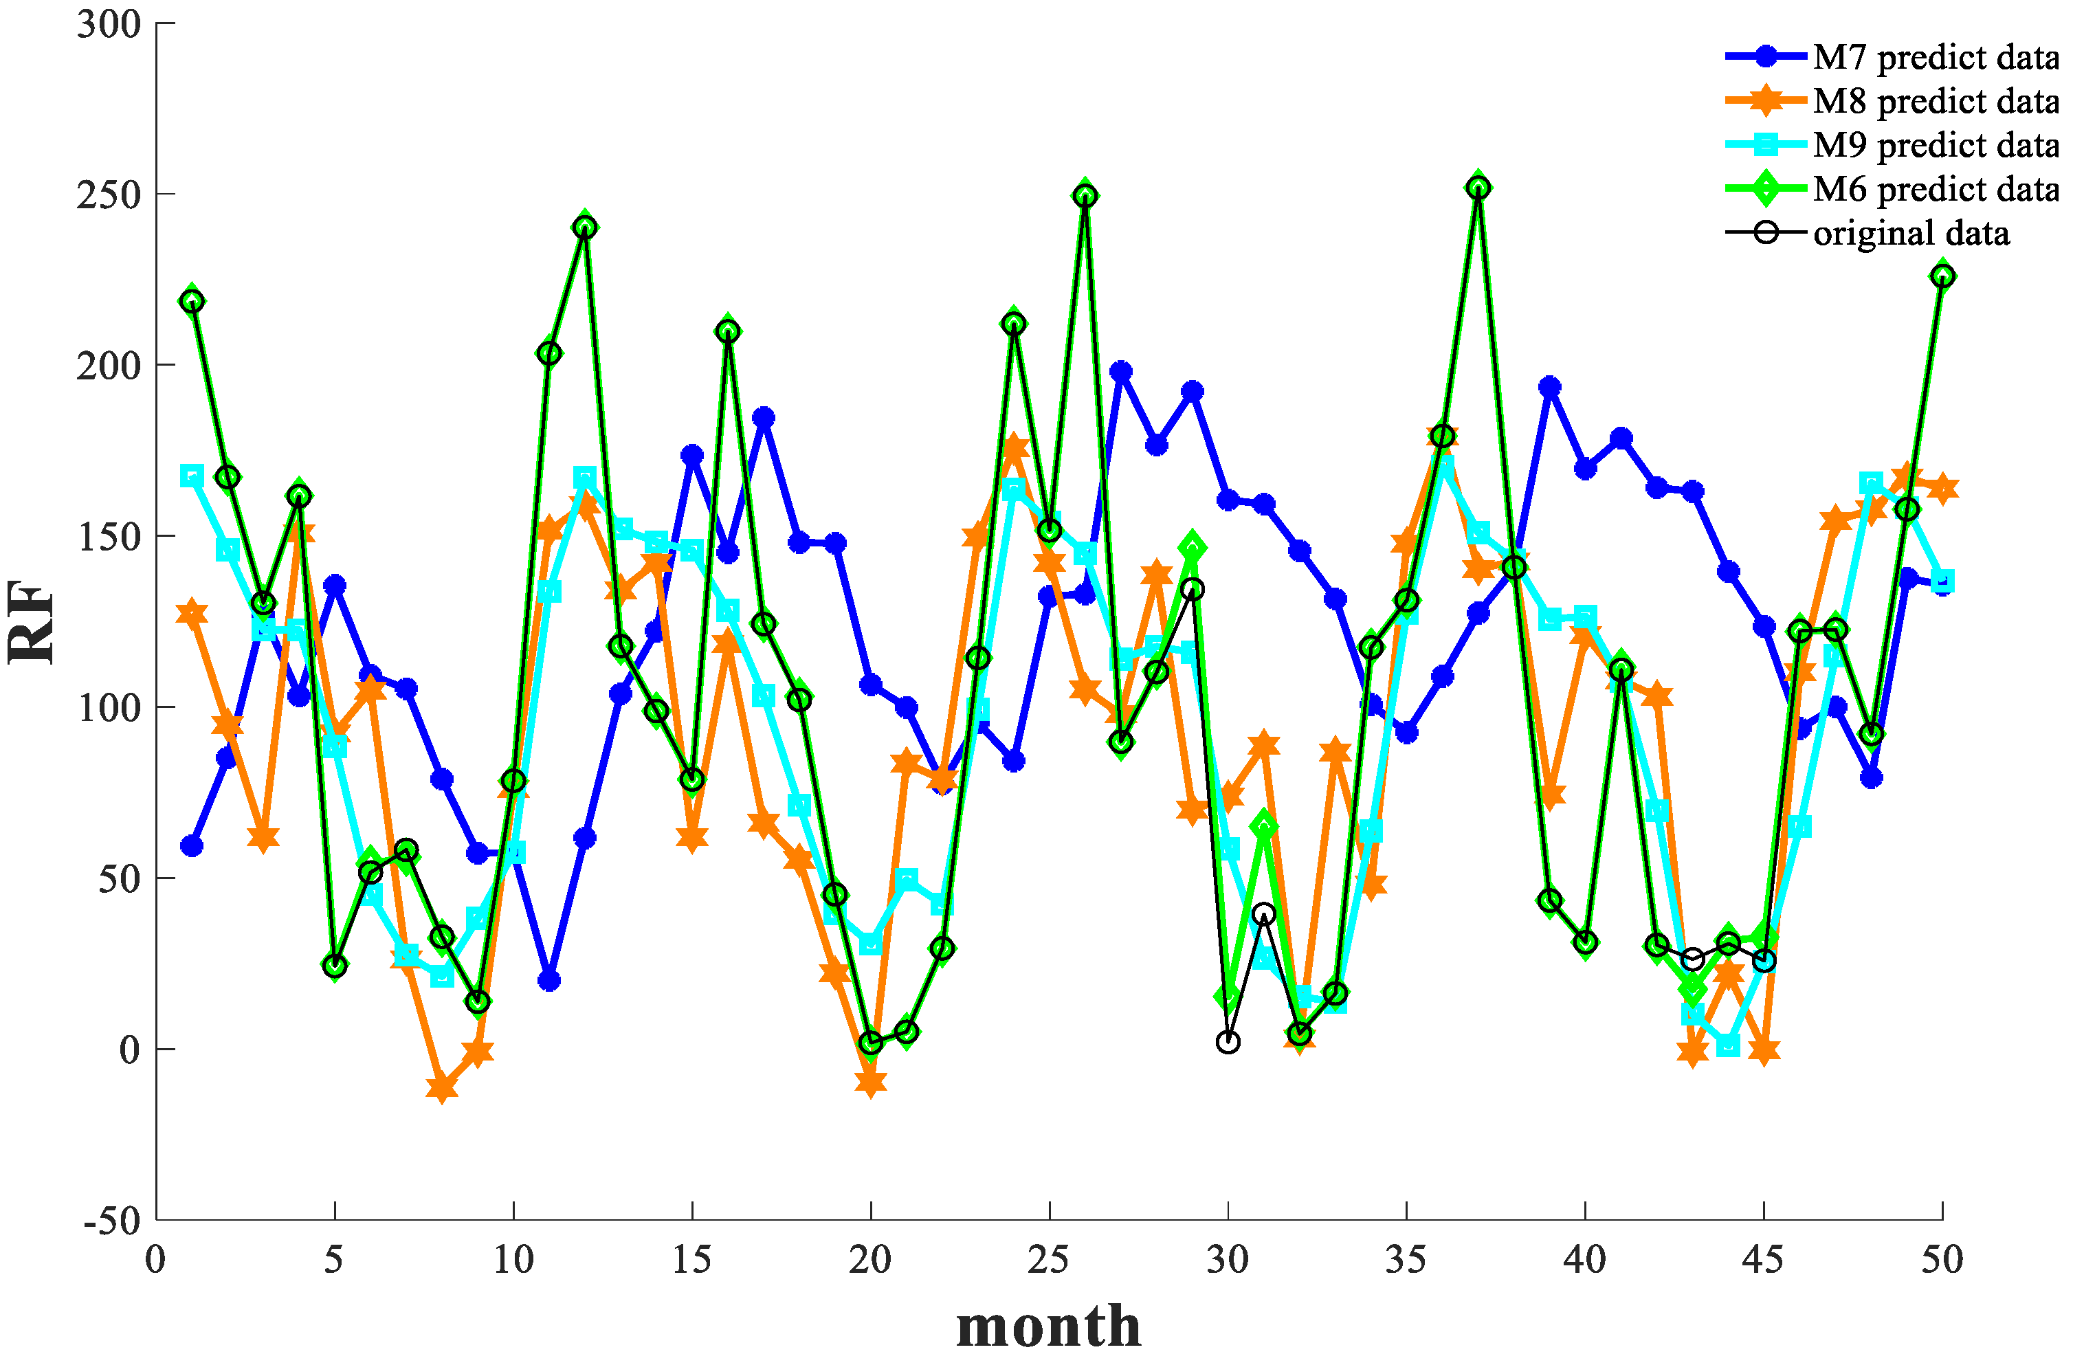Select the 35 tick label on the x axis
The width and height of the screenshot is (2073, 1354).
tap(1406, 1260)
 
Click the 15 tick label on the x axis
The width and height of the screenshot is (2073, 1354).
tap(691, 1260)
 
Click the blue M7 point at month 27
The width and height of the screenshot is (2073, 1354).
tap(1121, 372)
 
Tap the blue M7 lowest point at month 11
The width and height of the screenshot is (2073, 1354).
tap(548, 981)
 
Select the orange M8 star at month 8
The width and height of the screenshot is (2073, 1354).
tap(441, 1087)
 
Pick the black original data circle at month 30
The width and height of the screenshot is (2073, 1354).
tap(1228, 1042)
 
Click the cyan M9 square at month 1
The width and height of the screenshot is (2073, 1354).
tap(192, 476)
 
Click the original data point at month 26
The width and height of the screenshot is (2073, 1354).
tap(1085, 196)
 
